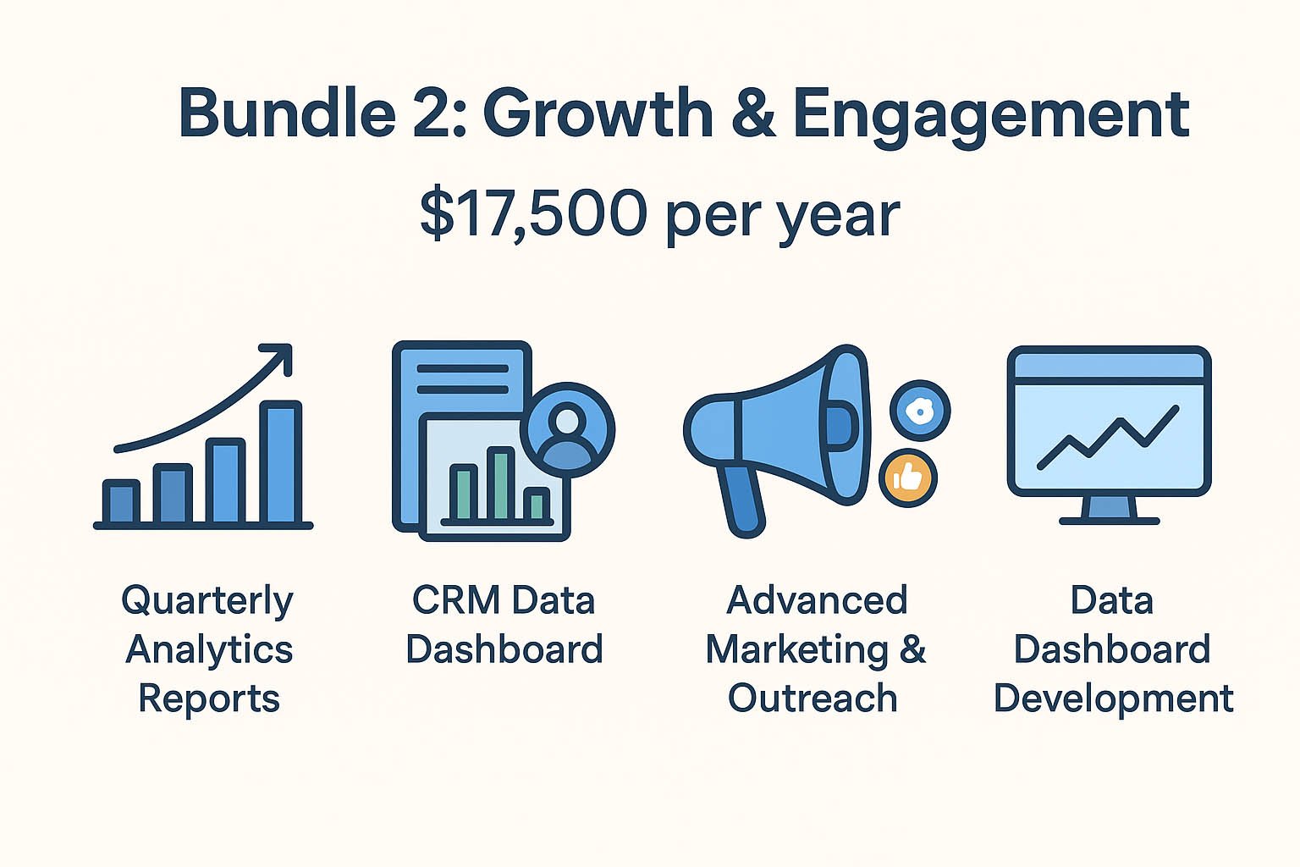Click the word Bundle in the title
pyautogui.click(x=288, y=113)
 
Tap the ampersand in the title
pyautogui.click(x=753, y=113)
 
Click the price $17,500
pyautogui.click(x=533, y=214)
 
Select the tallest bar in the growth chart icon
pyautogui.click(x=281, y=462)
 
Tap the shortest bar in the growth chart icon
pyautogui.click(x=121, y=502)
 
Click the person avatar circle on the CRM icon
pyautogui.click(x=567, y=430)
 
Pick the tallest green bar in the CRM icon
pyautogui.click(x=501, y=483)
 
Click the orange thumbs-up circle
pyautogui.click(x=907, y=478)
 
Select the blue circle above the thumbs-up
pyautogui.click(x=920, y=411)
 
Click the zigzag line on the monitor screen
pyautogui.click(x=1108, y=437)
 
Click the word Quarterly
pyautogui.click(x=207, y=602)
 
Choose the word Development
pyautogui.click(x=1114, y=699)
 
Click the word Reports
pyautogui.click(x=209, y=699)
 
